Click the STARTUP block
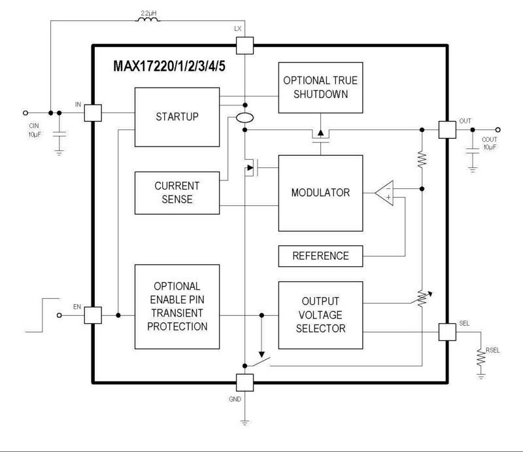tap(177, 117)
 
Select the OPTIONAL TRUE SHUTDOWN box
tap(320, 87)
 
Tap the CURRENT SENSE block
tap(177, 192)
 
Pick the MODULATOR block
tap(320, 193)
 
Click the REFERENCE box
tap(320, 256)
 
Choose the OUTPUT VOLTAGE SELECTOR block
tap(320, 315)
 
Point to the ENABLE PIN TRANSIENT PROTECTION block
tap(177, 307)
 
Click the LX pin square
tap(243, 45)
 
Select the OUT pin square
tap(447, 129)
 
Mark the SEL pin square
tap(447, 332)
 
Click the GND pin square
tap(243, 382)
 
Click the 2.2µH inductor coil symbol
tap(147, 20)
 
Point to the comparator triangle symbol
tap(387, 193)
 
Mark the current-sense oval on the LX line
tap(243, 118)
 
